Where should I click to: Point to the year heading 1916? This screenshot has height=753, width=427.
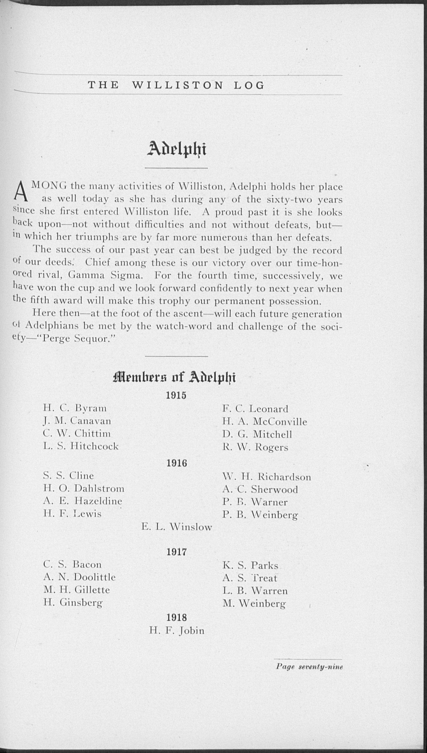coord(176,463)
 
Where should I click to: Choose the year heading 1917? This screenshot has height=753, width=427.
coord(176,552)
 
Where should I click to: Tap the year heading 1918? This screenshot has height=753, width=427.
coord(176,618)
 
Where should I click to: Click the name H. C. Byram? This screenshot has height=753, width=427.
coord(75,408)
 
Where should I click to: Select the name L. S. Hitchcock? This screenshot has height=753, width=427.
coord(81,447)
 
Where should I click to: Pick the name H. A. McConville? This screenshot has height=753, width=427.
coord(265,422)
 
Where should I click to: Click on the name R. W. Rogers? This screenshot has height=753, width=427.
coord(255,447)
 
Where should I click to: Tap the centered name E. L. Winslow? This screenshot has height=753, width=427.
coord(176,527)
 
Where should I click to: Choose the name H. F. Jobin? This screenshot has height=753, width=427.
coord(176,631)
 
